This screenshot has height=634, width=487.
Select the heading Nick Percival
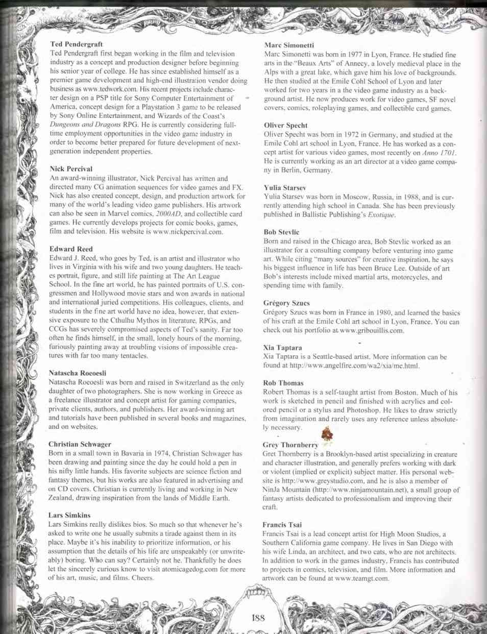pos(70,168)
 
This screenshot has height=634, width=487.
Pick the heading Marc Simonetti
pos(288,45)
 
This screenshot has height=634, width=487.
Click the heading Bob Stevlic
pos(281,232)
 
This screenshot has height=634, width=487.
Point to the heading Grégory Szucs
pos(286,303)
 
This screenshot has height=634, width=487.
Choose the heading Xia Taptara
pos(282,348)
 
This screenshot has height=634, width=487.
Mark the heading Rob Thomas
pos(283,383)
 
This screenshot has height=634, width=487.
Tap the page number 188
pos(259,617)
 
